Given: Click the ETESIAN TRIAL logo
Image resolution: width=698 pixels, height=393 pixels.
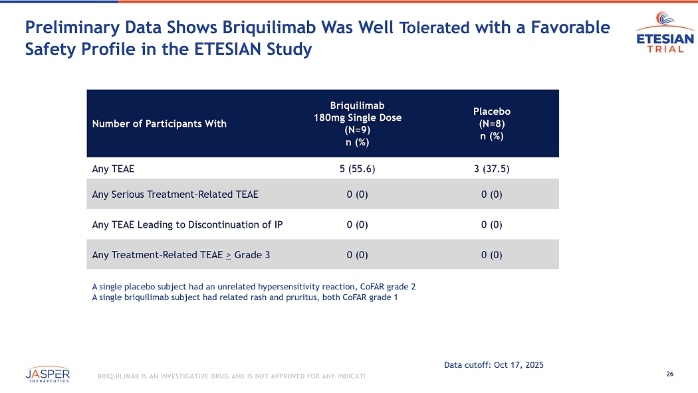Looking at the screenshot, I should (x=664, y=37).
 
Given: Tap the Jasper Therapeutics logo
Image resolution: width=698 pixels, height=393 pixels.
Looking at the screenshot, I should (x=48, y=374).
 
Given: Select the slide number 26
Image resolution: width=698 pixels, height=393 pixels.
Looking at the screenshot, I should (x=669, y=374).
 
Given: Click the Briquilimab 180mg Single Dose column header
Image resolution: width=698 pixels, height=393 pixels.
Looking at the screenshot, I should (x=358, y=123).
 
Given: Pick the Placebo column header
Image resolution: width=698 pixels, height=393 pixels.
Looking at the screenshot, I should (x=491, y=123).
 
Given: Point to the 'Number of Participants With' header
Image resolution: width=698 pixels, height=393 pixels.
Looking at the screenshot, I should (x=159, y=123).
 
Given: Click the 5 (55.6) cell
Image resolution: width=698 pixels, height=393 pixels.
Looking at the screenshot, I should (x=358, y=169).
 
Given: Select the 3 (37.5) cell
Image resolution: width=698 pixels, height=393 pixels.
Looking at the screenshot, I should (x=491, y=169).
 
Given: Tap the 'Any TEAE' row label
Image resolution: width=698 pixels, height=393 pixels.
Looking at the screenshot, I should (x=113, y=169).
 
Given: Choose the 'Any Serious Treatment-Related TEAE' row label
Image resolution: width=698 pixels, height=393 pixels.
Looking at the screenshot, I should (x=175, y=195).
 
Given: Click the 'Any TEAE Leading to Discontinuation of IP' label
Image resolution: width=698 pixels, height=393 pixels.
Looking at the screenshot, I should (x=187, y=224).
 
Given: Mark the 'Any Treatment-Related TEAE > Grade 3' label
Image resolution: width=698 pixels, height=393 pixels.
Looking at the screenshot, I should (x=181, y=254).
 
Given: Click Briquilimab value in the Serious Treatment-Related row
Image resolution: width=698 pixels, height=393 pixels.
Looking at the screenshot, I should (x=358, y=195).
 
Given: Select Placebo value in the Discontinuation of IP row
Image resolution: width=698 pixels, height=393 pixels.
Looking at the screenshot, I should (x=491, y=224).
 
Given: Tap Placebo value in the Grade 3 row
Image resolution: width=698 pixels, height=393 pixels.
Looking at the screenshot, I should (x=491, y=254).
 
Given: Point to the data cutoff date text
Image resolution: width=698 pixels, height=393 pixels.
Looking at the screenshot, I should (x=493, y=364).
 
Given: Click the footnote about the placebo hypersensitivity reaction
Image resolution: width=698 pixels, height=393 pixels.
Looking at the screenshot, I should (x=253, y=287).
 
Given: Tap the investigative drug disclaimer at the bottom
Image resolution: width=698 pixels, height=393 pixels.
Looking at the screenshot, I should (x=231, y=377).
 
